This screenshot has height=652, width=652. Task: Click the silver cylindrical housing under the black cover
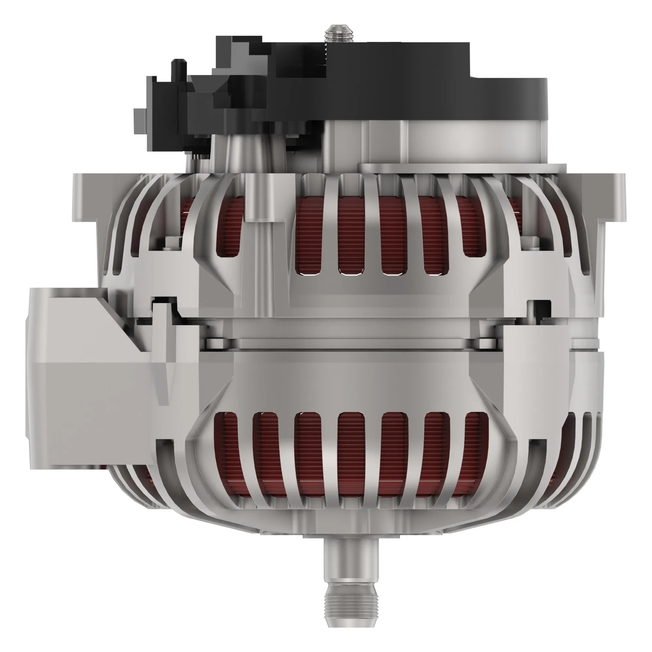472,142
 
